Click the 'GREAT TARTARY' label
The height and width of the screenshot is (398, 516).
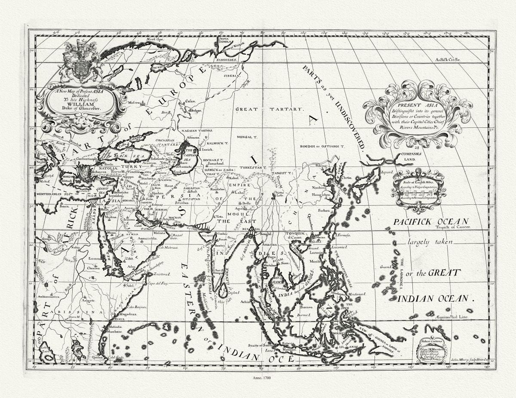coord(269,109)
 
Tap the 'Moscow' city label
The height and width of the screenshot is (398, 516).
coord(135,103)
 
